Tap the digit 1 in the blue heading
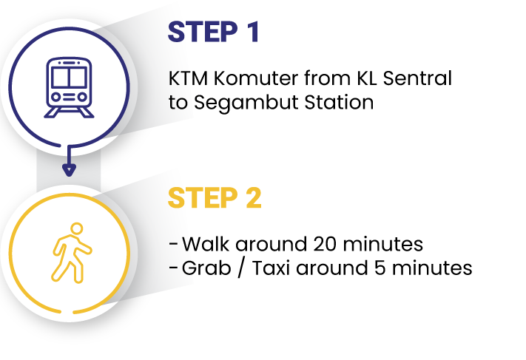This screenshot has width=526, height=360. tap(252, 33)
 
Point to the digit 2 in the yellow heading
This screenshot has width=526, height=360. tap(252, 197)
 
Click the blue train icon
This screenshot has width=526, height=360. tap(69, 87)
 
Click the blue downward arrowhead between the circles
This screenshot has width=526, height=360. tap(69, 170)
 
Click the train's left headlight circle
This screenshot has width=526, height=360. tap(56, 96)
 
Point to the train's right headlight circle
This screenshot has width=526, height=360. tap(82, 96)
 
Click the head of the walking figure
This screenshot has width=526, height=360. tap(76, 228)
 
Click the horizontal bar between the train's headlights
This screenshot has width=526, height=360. tap(69, 96)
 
